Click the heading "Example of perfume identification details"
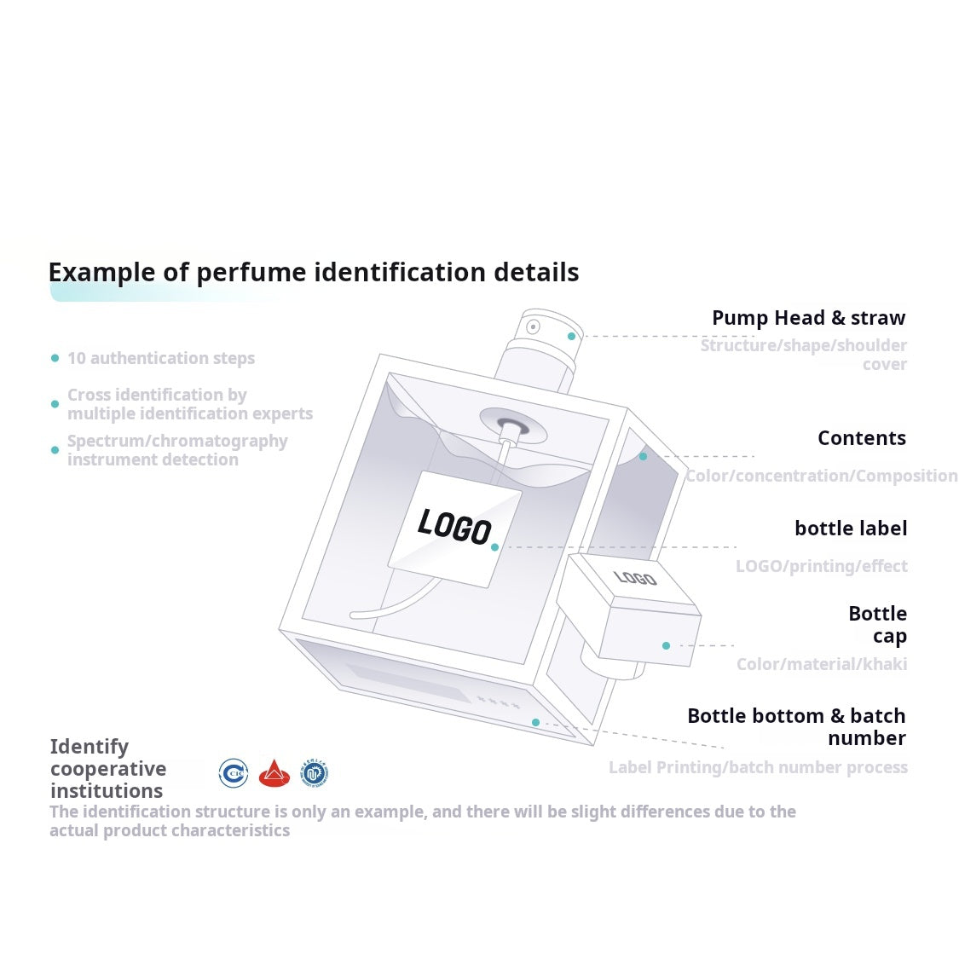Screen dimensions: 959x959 point(314,272)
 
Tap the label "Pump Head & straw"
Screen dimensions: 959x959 point(809,318)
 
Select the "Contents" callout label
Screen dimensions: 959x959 point(862,438)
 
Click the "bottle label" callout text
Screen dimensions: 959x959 point(851,528)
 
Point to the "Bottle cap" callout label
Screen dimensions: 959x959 point(878,625)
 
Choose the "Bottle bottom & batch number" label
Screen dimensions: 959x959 point(797,726)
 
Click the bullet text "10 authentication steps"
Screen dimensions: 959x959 point(161,358)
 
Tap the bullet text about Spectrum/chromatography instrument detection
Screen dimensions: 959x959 point(177,450)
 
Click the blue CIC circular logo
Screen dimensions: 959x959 point(234,773)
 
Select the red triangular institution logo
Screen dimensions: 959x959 point(274,774)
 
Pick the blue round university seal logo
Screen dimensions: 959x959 point(315,773)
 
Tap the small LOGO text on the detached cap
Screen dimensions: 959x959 point(635,578)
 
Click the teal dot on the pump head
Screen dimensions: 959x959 point(571,337)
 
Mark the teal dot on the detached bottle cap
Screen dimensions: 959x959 point(666,645)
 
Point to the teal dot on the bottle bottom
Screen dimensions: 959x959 point(536,722)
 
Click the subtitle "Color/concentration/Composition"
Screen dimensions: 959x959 point(822,476)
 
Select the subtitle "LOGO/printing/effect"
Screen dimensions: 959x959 point(822,566)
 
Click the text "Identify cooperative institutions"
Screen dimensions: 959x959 point(108,768)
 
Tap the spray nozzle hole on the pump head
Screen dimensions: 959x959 point(533,326)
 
